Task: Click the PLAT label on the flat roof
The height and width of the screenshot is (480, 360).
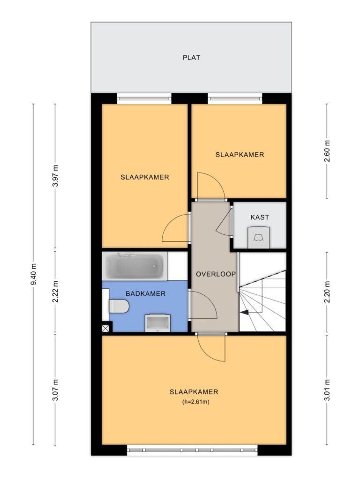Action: [x=191, y=58]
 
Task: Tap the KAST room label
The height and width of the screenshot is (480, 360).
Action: [x=260, y=217]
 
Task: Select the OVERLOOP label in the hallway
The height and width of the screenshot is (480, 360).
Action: [x=216, y=274]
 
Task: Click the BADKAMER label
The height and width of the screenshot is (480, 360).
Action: [x=145, y=293]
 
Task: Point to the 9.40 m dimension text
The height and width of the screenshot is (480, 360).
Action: [x=34, y=274]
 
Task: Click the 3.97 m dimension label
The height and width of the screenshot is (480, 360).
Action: [x=55, y=176]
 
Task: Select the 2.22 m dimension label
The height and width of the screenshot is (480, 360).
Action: [x=55, y=292]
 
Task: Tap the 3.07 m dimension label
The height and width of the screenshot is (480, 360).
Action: [x=55, y=390]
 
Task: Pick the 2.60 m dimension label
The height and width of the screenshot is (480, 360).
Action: [x=327, y=151]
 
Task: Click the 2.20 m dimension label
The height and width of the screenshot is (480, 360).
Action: [x=327, y=292]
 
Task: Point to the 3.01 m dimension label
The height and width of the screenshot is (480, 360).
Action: [x=327, y=390]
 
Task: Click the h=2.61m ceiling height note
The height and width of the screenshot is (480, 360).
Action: [x=195, y=402]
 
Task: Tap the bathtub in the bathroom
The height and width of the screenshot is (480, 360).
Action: [x=135, y=266]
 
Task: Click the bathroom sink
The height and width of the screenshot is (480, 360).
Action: [x=157, y=323]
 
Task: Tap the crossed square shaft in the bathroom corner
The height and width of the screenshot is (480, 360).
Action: [x=105, y=329]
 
